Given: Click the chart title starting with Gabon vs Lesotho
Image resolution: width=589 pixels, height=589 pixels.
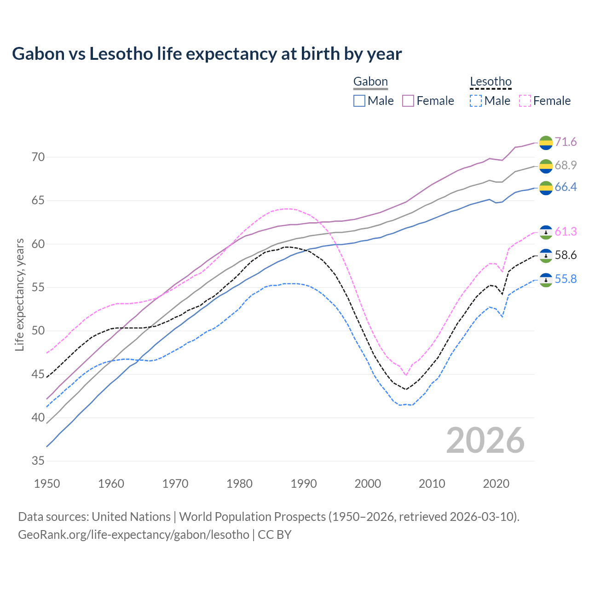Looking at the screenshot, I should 207,54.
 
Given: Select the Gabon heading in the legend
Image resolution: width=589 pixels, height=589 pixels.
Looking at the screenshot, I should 370,82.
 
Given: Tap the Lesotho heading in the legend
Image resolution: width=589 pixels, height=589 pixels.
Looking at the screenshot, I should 491,82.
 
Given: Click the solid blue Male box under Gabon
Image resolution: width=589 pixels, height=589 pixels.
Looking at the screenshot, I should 359,101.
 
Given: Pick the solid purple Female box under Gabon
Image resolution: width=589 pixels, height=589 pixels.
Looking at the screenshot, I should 408,101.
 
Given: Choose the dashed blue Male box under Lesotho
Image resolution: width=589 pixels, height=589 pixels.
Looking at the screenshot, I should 476,101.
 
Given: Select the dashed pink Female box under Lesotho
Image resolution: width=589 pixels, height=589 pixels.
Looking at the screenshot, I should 525,101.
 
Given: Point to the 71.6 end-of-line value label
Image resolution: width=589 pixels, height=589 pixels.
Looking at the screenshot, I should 566,142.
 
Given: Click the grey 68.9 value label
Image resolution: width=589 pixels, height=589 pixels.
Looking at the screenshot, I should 566,165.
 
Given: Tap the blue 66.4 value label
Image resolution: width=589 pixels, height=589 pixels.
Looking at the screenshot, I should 566,187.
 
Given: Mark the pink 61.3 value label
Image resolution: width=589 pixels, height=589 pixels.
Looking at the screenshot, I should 566,232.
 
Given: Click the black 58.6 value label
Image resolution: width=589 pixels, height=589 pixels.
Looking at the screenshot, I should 566,255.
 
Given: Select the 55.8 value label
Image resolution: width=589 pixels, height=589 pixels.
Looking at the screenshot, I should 566,279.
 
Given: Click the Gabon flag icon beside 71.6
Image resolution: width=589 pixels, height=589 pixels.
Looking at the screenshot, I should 546,143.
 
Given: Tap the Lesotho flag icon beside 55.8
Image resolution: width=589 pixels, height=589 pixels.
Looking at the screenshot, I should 546,280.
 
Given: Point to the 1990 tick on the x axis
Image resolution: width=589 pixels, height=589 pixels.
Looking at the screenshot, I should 304,484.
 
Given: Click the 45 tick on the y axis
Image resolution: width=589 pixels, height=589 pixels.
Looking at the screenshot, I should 38,375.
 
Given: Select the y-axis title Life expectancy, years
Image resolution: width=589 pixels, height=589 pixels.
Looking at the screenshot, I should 20,294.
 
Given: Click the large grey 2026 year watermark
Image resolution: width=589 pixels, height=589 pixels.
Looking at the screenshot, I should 485,440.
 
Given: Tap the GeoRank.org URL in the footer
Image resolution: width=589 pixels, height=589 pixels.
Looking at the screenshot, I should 133,535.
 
